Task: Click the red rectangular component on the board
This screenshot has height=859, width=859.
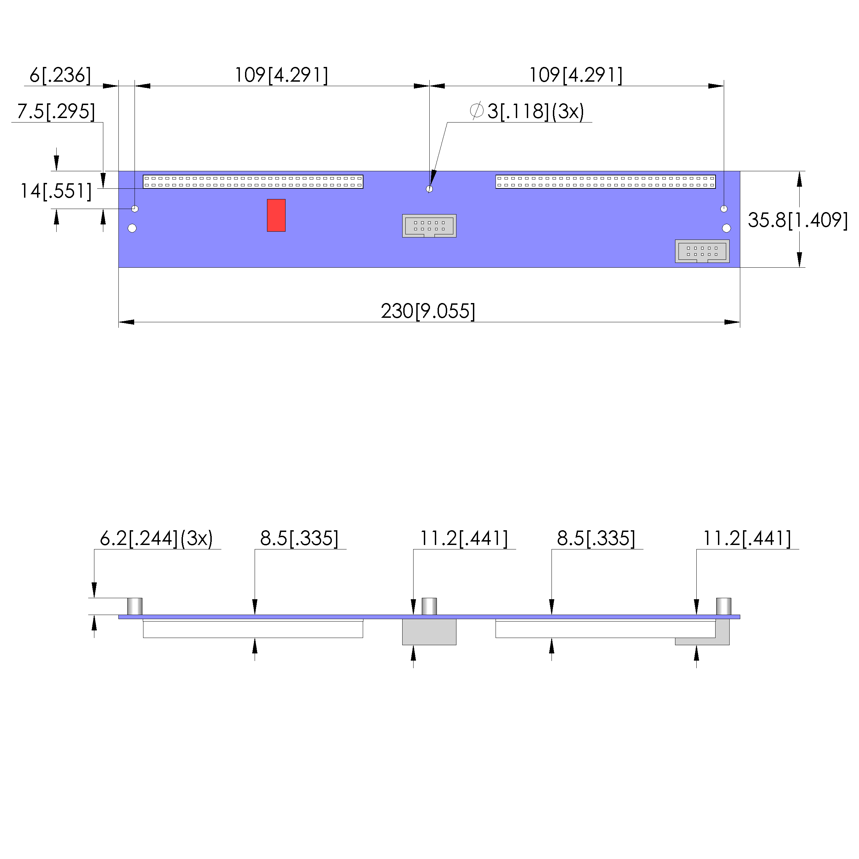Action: pyautogui.click(x=276, y=215)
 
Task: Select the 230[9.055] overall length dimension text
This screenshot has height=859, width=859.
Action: pyautogui.click(x=428, y=311)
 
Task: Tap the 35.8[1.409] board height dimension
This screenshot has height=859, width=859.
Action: pyautogui.click(x=798, y=220)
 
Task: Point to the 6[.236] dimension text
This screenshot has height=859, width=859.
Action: pyautogui.click(x=60, y=75)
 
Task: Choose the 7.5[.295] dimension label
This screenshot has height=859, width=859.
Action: pyautogui.click(x=56, y=111)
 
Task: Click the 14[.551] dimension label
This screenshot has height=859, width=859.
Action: pyautogui.click(x=56, y=191)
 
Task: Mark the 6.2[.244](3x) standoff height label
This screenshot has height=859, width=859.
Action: pyautogui.click(x=156, y=538)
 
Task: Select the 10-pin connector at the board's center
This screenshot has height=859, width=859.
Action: pyautogui.click(x=429, y=226)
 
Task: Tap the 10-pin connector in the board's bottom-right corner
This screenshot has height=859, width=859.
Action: pyautogui.click(x=702, y=251)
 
